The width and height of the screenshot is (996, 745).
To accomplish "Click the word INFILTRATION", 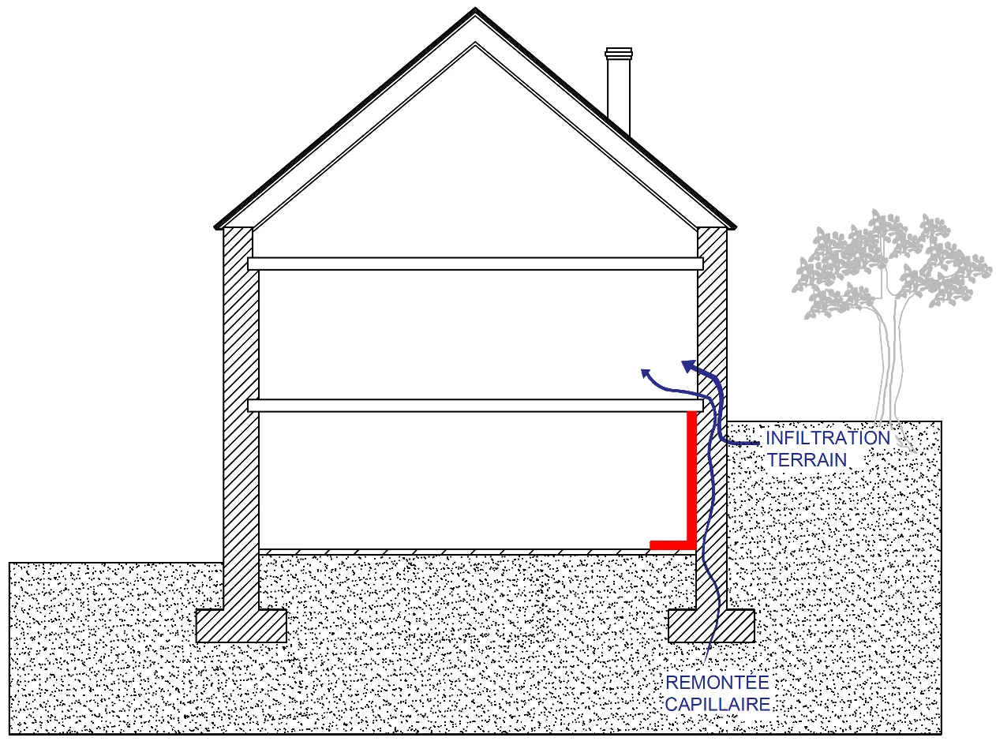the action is (x=827, y=438).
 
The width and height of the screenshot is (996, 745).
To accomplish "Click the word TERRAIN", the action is (x=807, y=460).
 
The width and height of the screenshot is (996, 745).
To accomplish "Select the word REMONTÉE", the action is (x=717, y=683).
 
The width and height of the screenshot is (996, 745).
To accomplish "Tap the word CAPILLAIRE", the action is (x=717, y=705).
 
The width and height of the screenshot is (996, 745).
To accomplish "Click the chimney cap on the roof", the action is (x=619, y=53).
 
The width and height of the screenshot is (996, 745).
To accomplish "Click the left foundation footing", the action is (x=242, y=626).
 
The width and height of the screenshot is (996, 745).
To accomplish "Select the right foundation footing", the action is (x=712, y=626).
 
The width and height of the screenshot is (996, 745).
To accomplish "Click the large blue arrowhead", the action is (x=689, y=365).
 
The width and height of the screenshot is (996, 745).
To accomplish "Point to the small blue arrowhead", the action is (x=645, y=373).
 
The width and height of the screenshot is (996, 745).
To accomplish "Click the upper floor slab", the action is (x=475, y=264).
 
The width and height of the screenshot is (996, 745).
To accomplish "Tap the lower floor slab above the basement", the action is (x=475, y=406).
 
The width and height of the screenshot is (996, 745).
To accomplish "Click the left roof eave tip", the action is (x=215, y=226).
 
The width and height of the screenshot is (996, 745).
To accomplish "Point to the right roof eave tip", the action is (x=736, y=226).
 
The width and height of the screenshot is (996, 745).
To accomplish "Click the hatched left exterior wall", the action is (x=241, y=417).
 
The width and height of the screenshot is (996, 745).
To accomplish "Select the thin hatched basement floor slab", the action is (x=454, y=552).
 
